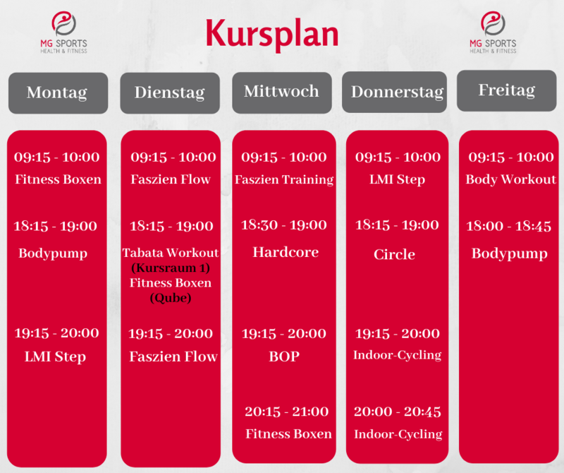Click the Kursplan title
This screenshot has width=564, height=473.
coord(272,34)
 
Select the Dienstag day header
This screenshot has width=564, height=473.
coord(170,93)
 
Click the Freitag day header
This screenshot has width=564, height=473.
coord(506,90)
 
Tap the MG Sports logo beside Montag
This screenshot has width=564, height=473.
coord(63,32)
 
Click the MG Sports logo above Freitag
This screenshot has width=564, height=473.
coord(493,32)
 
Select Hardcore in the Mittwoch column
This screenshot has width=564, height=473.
coord(286,252)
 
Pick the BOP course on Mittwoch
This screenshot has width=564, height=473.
coord(284,357)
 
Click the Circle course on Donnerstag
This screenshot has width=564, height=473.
coord(394,254)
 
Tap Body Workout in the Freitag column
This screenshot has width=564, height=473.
coord(510,179)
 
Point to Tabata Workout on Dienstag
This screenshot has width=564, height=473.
coord(171,253)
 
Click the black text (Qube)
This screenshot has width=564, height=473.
coord(171,298)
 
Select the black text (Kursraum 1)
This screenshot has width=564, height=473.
coord(171,268)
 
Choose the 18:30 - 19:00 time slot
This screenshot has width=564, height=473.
coord(284,225)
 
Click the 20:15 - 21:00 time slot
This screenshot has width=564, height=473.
coord(287,412)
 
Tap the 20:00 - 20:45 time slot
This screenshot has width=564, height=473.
coord(398,412)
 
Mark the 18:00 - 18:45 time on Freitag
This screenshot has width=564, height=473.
coord(508,226)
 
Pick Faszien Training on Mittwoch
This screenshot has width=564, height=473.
coord(284,179)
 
